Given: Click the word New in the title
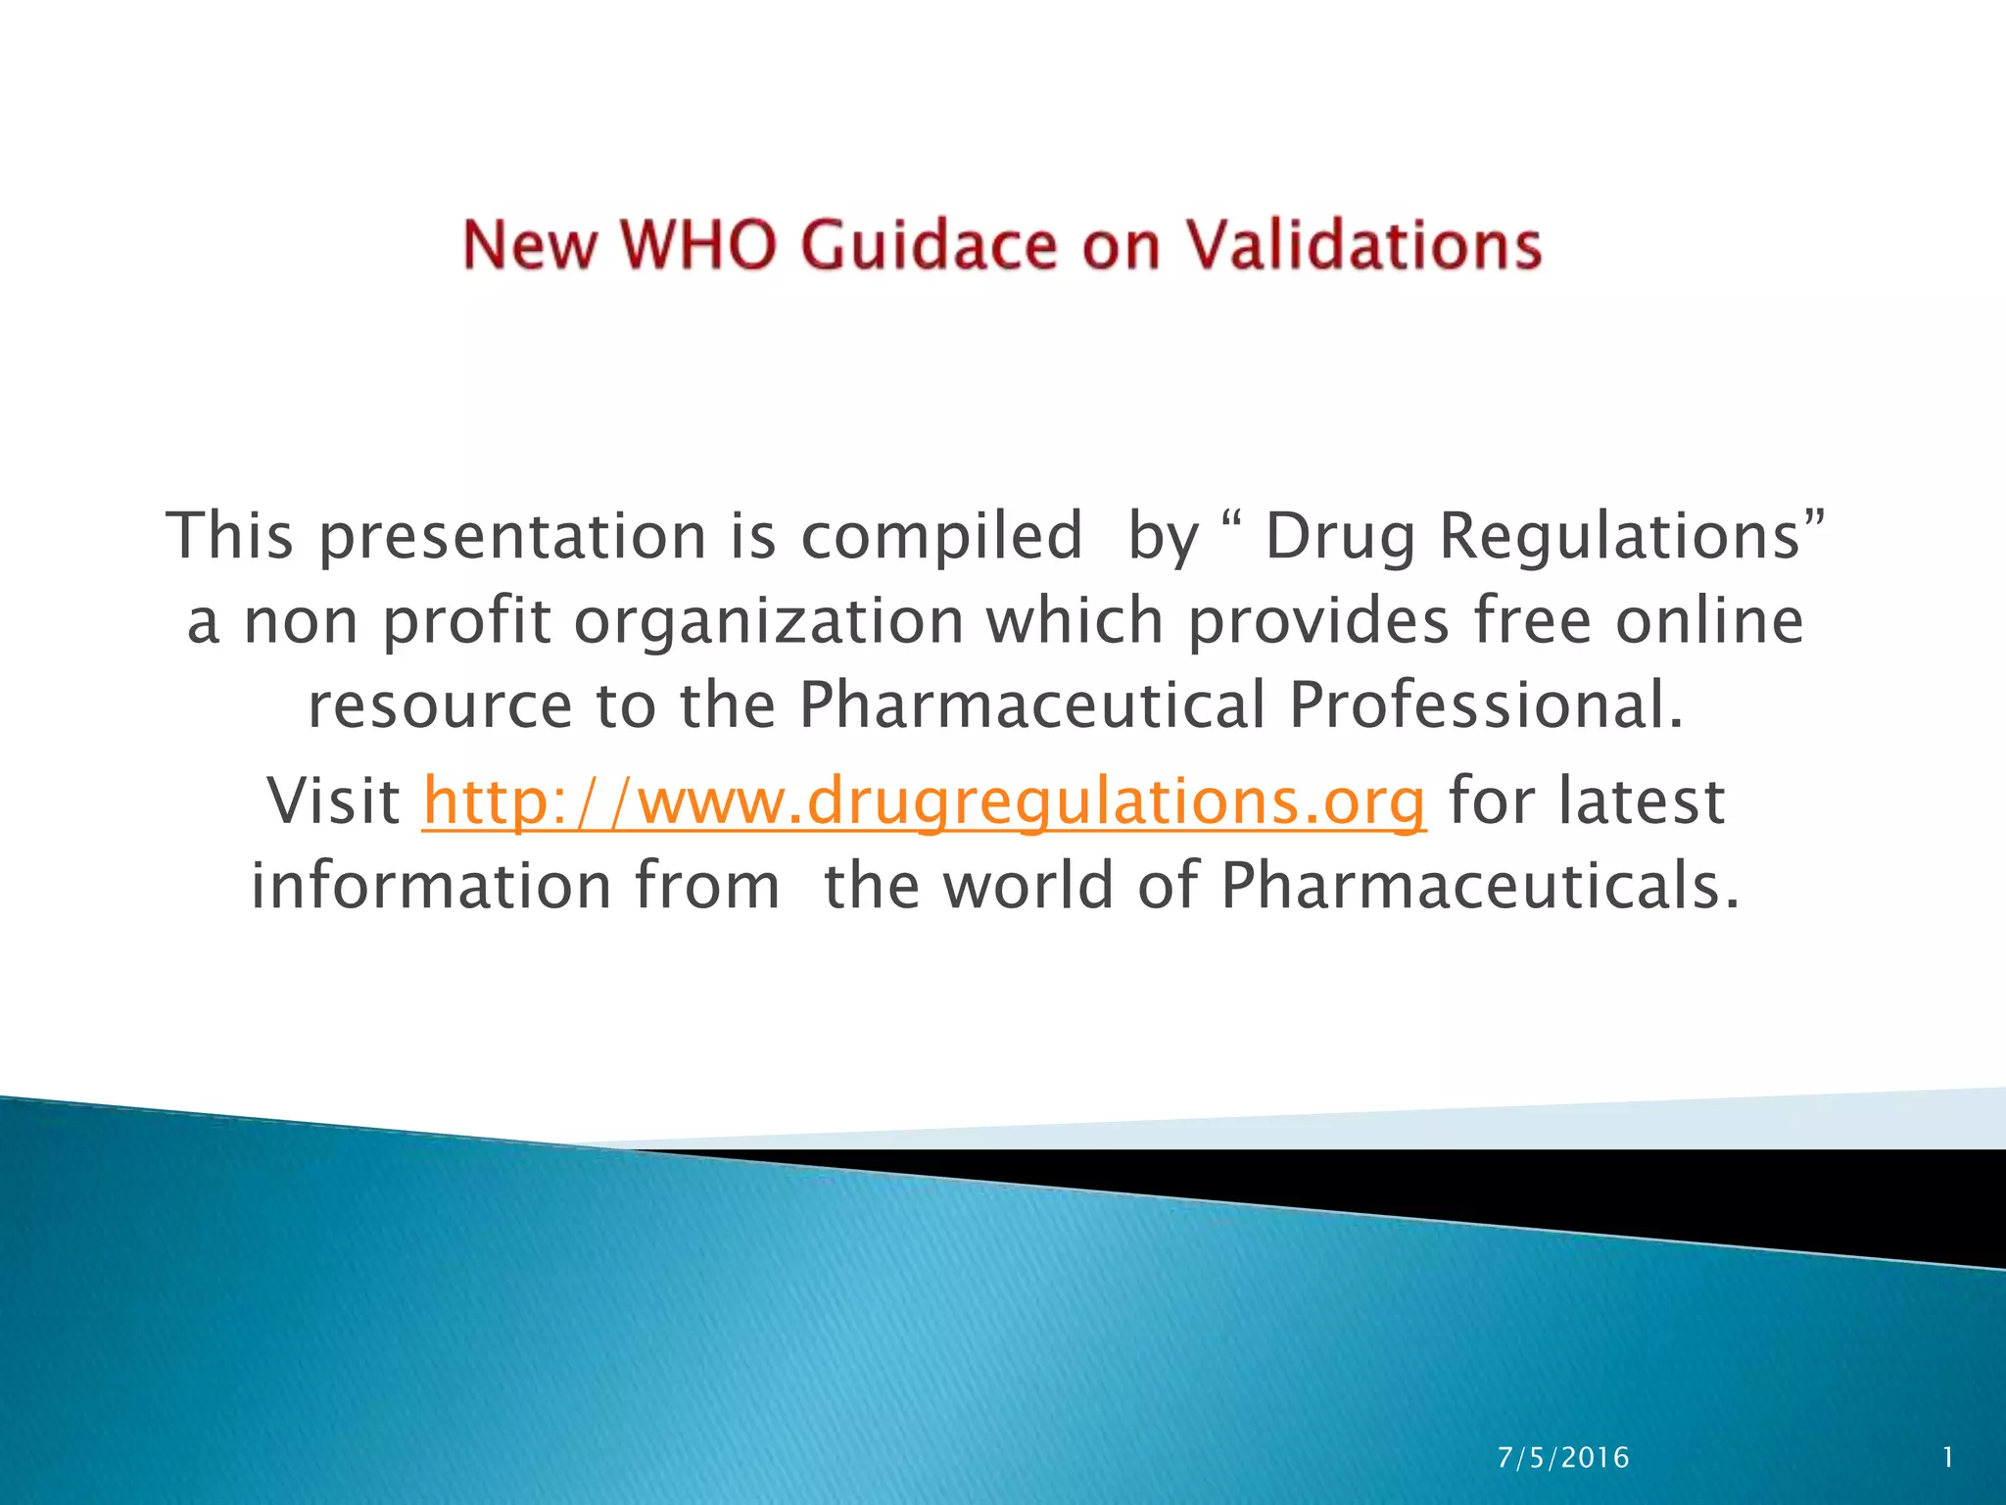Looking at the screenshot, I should coord(529,245).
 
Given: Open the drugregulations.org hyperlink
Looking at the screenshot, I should coord(924,802).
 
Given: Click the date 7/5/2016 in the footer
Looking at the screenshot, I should coord(1563,1458).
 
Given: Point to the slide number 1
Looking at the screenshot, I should coord(1948,1458).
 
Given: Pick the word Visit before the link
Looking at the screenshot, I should coord(333,802).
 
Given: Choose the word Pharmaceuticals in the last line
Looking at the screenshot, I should coord(1480,886).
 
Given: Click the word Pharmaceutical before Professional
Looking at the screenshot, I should coord(1032,705).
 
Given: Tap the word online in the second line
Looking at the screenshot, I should coord(1709,621).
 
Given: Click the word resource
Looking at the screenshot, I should coord(440,705).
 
